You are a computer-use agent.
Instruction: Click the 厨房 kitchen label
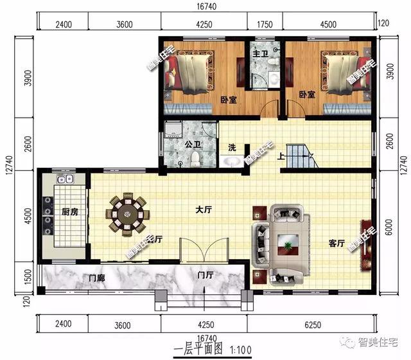click(70, 212)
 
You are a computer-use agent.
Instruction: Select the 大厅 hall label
click(204, 209)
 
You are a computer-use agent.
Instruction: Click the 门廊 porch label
click(96, 278)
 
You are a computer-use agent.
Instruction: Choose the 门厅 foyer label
click(205, 275)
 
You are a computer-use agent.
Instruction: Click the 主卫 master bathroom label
click(260, 53)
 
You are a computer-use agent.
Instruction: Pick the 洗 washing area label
click(232, 147)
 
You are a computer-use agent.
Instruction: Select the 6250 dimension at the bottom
click(310, 324)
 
